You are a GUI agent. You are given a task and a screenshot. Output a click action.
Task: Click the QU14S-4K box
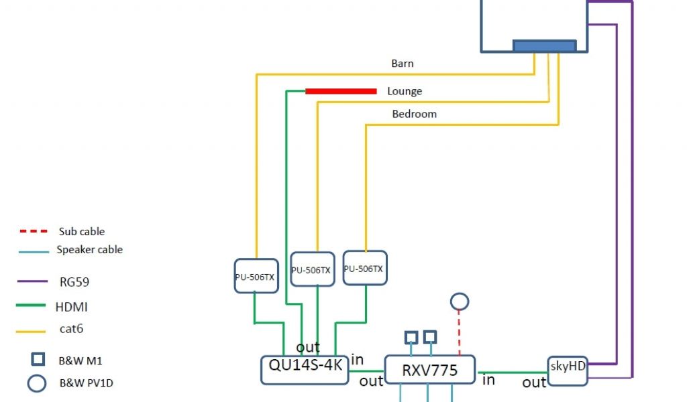coord(305,370)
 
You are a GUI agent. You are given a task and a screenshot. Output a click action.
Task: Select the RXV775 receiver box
coord(429,370)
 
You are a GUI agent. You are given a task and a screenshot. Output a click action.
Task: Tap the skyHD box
coord(567,370)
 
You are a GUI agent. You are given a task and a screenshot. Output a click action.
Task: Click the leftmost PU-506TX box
coord(255,275)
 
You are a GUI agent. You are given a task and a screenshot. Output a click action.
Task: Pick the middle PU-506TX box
coord(312,269)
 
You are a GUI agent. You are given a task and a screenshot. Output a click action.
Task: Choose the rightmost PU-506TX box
coord(365,268)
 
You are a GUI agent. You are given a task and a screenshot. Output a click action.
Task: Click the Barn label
coord(403,64)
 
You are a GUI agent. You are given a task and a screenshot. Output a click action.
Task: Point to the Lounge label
coord(405,91)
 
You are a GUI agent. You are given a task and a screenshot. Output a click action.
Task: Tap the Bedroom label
coord(414,114)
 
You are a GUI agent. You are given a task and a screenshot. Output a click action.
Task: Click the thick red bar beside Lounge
coord(341,91)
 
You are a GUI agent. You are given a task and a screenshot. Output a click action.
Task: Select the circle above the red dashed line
coord(460,301)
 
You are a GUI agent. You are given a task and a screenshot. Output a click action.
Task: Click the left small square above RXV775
coord(410,336)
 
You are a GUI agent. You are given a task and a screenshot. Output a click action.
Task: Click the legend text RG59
coord(74,282)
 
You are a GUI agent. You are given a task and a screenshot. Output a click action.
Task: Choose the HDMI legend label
coord(71,308)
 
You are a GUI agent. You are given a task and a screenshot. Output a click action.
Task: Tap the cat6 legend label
coord(71,329)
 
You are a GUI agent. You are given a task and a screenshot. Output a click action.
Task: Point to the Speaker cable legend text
coord(89,250)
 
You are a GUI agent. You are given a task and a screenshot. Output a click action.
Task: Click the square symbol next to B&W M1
coord(38,359)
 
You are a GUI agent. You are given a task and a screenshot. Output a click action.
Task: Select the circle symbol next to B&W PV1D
coord(38,383)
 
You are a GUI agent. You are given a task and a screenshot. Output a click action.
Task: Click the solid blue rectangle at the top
coord(544,46)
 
